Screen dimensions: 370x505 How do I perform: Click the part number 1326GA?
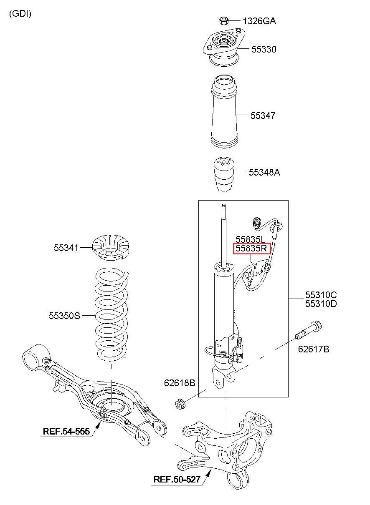[259, 21]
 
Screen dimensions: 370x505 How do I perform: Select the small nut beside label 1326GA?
[224, 21]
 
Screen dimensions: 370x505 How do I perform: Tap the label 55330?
[264, 49]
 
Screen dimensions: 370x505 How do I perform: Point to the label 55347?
[263, 116]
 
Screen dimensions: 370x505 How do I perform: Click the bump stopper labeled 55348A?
[224, 175]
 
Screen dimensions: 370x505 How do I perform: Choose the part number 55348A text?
[264, 172]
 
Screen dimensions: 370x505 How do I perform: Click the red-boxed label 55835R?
[251, 249]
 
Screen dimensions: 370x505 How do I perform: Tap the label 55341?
[66, 248]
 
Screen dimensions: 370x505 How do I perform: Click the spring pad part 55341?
[111, 248]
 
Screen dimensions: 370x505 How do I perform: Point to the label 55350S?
[64, 316]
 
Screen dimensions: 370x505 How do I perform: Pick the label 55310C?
[321, 295]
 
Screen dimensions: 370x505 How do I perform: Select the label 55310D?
[321, 304]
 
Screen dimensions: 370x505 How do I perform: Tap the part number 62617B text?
[314, 349]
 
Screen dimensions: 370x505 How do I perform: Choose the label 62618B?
[180, 383]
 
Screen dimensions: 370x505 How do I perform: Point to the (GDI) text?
[20, 14]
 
